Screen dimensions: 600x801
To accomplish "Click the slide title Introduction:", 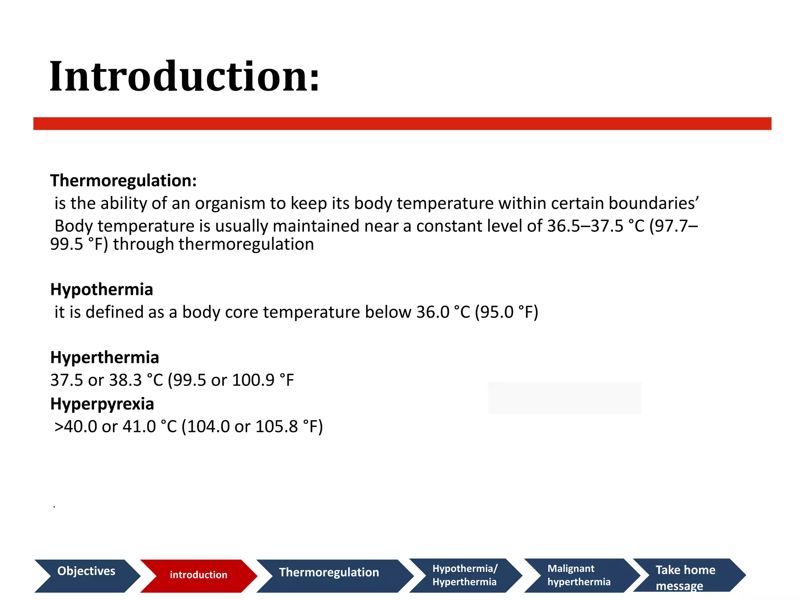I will (x=185, y=77).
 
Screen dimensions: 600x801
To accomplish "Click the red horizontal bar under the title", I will (x=402, y=123).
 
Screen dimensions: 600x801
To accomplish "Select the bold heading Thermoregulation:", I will (x=123, y=180).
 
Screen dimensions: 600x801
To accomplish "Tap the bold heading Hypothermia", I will (x=102, y=289).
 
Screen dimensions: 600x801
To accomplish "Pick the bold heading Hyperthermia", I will (x=105, y=357).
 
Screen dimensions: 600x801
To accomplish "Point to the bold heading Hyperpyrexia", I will (x=102, y=404).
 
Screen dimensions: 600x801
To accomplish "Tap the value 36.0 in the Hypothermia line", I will (x=433, y=312).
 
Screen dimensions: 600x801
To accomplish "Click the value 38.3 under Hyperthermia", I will (x=125, y=380).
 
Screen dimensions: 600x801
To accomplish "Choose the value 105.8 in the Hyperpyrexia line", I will (x=277, y=427).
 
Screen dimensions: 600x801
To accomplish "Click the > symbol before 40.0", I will (x=59, y=427).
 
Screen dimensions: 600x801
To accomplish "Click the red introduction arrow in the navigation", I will (x=198, y=575).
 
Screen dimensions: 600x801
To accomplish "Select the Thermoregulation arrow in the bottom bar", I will (x=329, y=575).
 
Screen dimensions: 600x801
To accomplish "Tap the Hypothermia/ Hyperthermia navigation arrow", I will (x=465, y=575).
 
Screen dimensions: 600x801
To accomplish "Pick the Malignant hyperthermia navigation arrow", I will (x=579, y=575).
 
